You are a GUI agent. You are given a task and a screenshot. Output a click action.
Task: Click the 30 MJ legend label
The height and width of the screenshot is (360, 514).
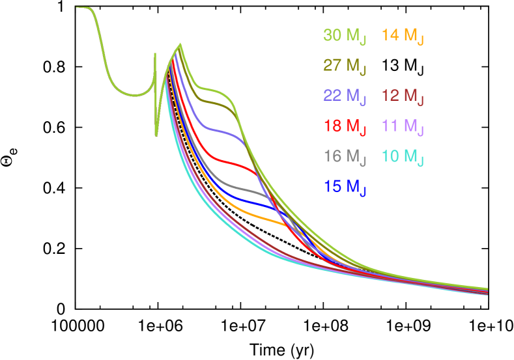[x=345, y=36]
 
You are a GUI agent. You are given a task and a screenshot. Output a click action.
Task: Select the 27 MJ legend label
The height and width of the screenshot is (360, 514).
[x=345, y=66]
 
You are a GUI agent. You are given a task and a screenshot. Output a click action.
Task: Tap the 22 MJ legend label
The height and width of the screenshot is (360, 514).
[x=345, y=96]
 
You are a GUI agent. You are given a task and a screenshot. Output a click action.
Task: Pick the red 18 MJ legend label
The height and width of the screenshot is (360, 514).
[x=345, y=126]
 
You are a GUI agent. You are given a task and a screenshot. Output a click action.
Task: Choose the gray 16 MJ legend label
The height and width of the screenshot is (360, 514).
[x=345, y=156]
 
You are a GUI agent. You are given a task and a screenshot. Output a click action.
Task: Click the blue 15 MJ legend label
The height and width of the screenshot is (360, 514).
[x=345, y=187]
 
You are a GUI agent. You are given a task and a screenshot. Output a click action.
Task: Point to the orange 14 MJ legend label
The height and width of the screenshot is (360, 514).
[x=403, y=36]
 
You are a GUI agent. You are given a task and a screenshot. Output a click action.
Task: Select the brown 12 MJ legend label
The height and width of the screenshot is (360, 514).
[x=403, y=96]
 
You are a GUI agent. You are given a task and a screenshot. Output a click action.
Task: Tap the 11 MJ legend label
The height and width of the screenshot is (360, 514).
[x=403, y=126]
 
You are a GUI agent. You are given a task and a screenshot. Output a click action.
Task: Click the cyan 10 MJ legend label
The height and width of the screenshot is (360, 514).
[x=403, y=156]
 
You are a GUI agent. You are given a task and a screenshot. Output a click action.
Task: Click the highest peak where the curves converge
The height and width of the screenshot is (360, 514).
[x=180, y=44]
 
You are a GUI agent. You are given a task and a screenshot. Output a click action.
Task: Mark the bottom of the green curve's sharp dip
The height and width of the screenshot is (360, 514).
[x=156, y=135]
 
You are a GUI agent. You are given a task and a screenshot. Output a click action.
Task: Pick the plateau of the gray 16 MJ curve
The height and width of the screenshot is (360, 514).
[x=241, y=188]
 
